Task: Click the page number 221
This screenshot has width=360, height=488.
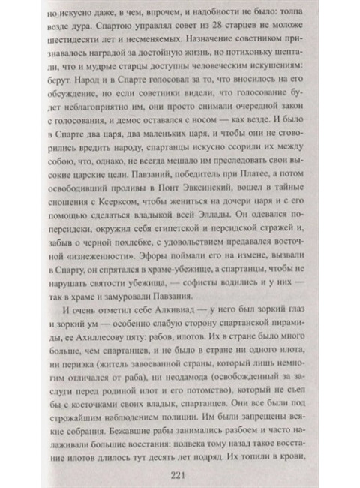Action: click(x=181, y=460)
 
